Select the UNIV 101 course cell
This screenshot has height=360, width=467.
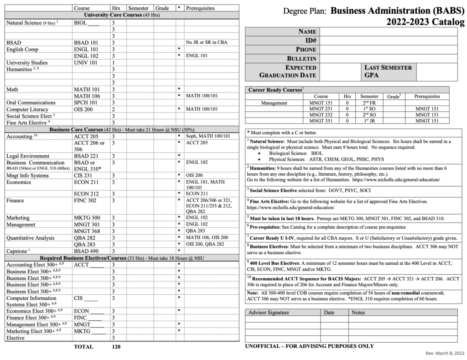(x=86, y=62)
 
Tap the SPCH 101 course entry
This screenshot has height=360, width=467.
(x=86, y=103)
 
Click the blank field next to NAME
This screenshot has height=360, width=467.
(x=388, y=31)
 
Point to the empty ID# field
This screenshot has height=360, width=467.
(x=388, y=41)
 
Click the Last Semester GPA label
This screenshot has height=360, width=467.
(x=388, y=72)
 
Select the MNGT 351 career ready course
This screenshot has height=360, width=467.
(x=321, y=121)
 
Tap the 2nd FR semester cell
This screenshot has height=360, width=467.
(x=369, y=103)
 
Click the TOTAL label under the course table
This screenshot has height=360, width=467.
(x=83, y=347)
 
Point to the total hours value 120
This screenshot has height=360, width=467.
(x=117, y=347)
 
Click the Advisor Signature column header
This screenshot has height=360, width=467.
(x=269, y=313)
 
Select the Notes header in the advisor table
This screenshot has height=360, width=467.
(x=358, y=313)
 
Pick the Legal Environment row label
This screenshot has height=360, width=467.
(x=28, y=156)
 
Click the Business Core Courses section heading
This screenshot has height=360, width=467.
(x=120, y=129)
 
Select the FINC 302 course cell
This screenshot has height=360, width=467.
(x=85, y=200)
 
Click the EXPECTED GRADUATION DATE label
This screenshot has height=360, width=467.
(x=288, y=72)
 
